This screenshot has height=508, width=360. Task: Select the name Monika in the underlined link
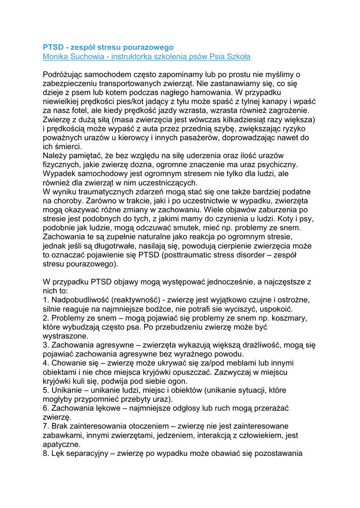tap(56, 57)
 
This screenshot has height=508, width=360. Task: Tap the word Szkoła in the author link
tap(239, 57)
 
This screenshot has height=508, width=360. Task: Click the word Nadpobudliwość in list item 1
tap(80, 300)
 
